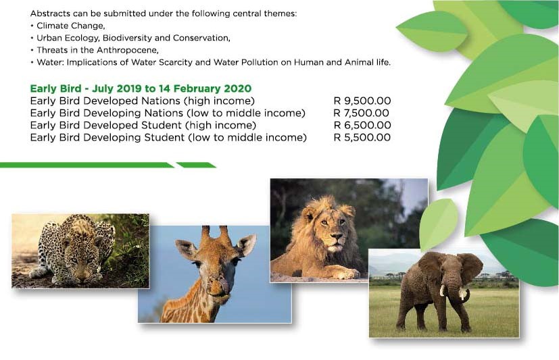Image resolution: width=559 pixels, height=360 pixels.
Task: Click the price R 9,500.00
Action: pos(362,101)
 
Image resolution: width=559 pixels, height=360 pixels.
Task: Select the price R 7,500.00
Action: pos(361,113)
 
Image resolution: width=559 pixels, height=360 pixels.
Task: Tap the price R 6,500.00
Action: pos(362,126)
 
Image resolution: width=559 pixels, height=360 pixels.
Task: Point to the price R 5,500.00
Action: pos(362,137)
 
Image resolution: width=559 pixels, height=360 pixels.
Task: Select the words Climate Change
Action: pos(70,26)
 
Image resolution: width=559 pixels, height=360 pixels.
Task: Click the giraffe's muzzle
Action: pos(218,287)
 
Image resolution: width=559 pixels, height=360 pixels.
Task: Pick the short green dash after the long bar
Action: pos(196,165)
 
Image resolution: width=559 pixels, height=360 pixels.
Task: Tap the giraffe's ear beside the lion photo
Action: pos(247,245)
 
